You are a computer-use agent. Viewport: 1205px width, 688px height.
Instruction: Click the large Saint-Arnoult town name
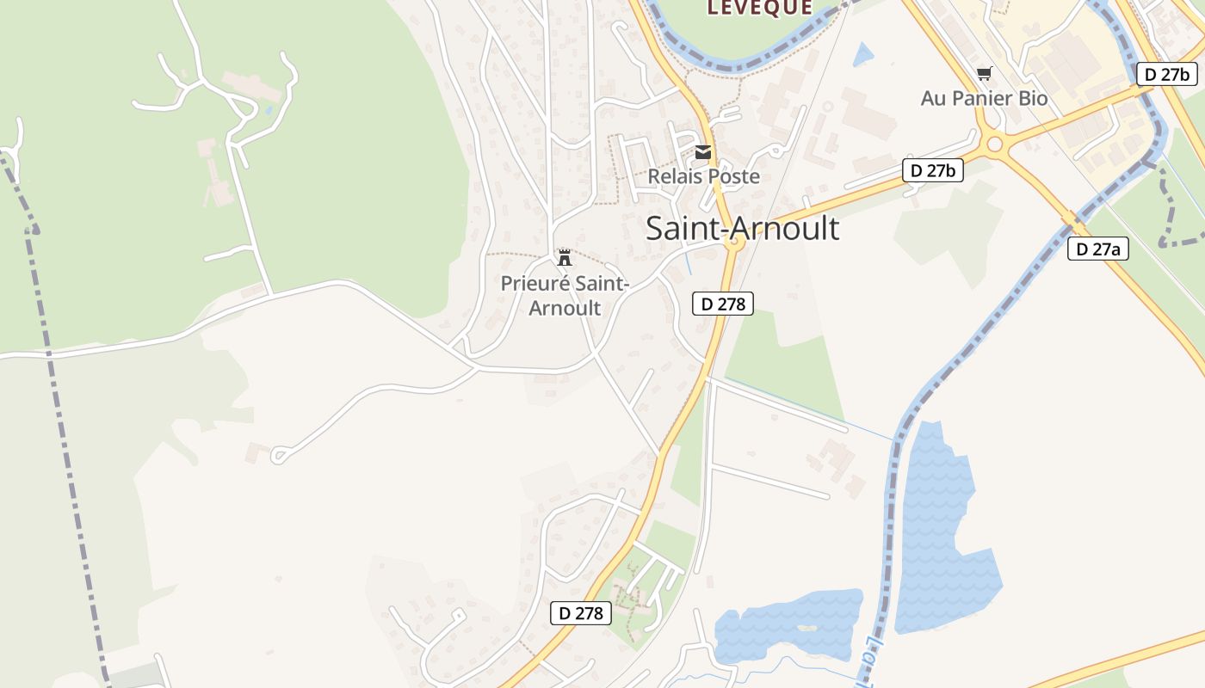pyautogui.click(x=742, y=228)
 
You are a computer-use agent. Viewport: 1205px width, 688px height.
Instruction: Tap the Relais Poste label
pyautogui.click(x=703, y=176)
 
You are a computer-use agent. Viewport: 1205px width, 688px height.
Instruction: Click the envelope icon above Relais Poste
pyautogui.click(x=703, y=153)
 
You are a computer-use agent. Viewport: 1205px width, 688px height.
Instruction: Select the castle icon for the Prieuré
pyautogui.click(x=565, y=257)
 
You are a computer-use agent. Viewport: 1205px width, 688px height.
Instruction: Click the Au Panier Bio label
pyautogui.click(x=984, y=98)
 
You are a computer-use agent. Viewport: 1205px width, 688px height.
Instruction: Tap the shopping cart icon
pyautogui.click(x=984, y=74)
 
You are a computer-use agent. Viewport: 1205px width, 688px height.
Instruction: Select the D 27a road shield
pyautogui.click(x=1097, y=249)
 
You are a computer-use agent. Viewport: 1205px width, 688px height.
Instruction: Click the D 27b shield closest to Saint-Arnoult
pyautogui.click(x=932, y=170)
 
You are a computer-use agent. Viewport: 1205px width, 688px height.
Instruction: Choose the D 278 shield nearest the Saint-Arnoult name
pyautogui.click(x=722, y=303)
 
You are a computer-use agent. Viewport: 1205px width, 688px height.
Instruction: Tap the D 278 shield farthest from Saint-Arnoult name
pyautogui.click(x=581, y=612)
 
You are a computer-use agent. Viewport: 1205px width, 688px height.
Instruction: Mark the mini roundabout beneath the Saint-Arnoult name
pyautogui.click(x=734, y=244)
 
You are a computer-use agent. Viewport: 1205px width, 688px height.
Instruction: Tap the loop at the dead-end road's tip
pyautogui.click(x=279, y=454)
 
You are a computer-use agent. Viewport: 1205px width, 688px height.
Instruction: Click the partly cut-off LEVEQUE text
pyautogui.click(x=759, y=8)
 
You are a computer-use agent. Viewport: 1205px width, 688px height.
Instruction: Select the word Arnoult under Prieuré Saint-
pyautogui.click(x=565, y=307)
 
